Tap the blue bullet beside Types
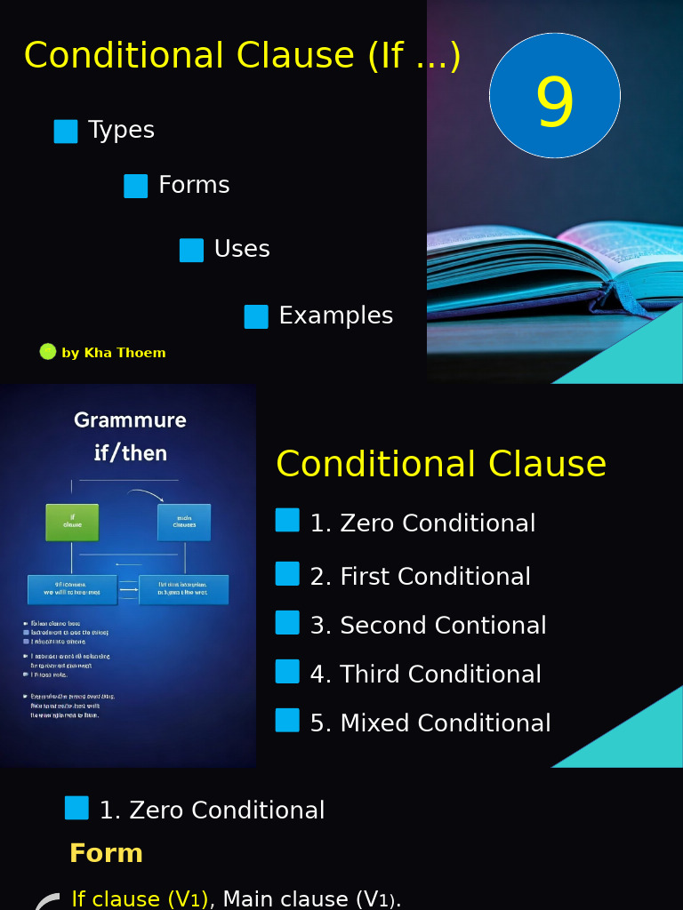[x=66, y=132]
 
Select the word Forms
[x=194, y=185]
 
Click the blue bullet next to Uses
[x=191, y=251]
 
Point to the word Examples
[x=335, y=315]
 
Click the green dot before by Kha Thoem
[x=48, y=352]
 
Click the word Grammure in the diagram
[x=130, y=420]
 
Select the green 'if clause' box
[x=72, y=523]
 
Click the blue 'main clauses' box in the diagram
[x=184, y=523]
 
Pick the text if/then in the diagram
[x=131, y=453]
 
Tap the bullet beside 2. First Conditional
[x=287, y=574]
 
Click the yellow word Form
[x=106, y=853]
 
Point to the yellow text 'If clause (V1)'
[x=141, y=898]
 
